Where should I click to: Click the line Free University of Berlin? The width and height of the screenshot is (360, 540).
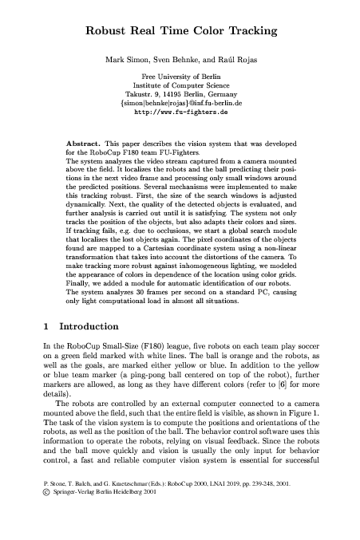[x=180, y=78]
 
